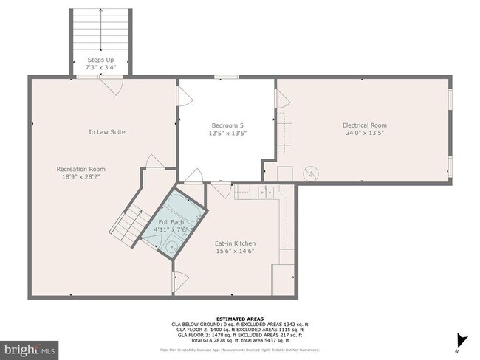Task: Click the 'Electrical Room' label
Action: (x=364, y=125)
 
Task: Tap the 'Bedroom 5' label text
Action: (x=227, y=125)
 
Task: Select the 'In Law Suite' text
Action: (x=107, y=132)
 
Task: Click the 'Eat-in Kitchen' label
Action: (x=235, y=243)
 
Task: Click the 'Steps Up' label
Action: (x=100, y=60)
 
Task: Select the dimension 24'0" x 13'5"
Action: (x=364, y=133)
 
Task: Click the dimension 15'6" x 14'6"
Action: (x=235, y=252)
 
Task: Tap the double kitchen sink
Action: (x=265, y=193)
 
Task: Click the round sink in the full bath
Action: (x=170, y=249)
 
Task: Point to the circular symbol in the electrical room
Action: (x=312, y=174)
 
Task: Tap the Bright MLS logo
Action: (x=30, y=347)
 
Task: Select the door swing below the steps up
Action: (x=110, y=86)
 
